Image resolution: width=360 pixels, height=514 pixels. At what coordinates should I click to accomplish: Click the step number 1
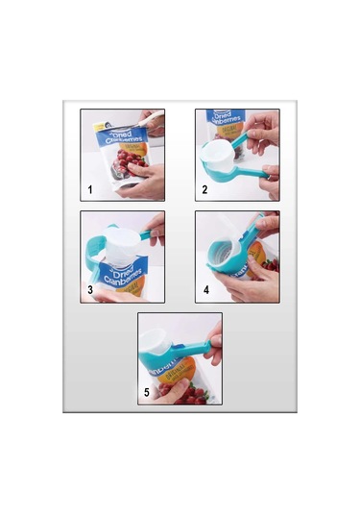click(x=88, y=189)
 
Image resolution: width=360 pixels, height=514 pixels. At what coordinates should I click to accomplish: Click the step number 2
click(x=204, y=189)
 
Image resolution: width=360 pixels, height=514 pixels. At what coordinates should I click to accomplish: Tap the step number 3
click(x=89, y=289)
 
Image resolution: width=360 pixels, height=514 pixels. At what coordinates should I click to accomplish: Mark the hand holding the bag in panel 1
click(x=144, y=177)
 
